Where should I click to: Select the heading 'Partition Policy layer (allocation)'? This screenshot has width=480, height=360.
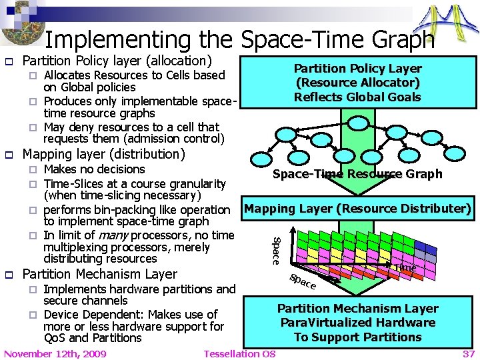[x=117, y=61]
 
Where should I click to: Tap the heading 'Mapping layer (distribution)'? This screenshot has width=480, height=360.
[x=104, y=154]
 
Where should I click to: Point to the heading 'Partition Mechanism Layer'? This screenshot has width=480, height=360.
[x=100, y=274]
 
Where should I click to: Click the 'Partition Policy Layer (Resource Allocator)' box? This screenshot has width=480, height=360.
[x=358, y=83]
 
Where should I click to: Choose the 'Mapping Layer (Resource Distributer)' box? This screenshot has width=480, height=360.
[x=358, y=209]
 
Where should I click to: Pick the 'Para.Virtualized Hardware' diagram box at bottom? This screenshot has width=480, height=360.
[x=358, y=323]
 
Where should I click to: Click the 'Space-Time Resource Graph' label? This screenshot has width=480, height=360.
[x=357, y=174]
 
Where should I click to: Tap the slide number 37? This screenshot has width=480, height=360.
[x=469, y=353]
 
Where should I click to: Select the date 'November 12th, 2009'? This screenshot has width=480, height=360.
[x=55, y=353]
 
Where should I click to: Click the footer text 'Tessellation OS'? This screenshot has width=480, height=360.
[x=239, y=353]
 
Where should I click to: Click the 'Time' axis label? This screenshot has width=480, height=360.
[x=405, y=267]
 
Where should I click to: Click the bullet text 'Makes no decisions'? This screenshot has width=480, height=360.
[x=94, y=169]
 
